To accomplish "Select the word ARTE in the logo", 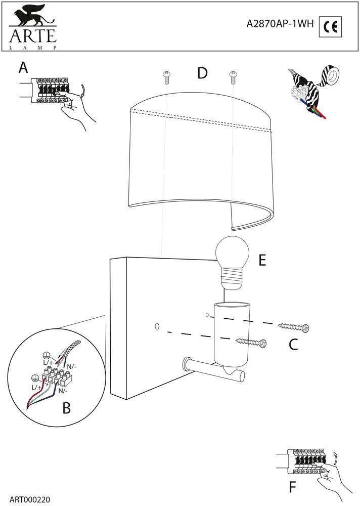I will pos(31,36).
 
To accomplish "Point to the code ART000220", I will pos(29,499).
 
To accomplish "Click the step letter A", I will pos(23,68).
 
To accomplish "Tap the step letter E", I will pos(262,261).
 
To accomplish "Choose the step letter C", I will pos(293,345).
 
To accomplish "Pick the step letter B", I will pos(67,408).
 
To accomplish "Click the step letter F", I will pos(292,488).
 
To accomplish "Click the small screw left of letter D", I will pos(166,77).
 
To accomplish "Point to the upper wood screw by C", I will pos(293,326).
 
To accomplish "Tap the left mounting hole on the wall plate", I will pos(157,327).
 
